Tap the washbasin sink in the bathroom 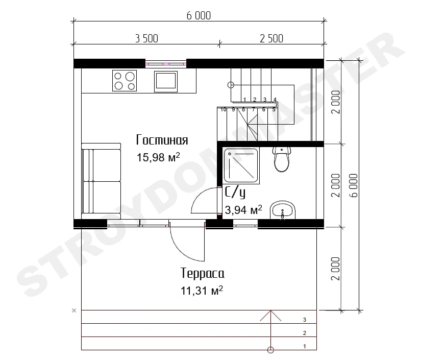(x=283, y=210)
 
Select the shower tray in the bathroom (x=241, y=166)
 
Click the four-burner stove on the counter (x=125, y=81)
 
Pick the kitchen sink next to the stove (x=166, y=81)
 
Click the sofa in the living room (x=101, y=181)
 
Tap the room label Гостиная (x=162, y=140)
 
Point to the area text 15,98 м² (x=158, y=157)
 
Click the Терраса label (x=203, y=273)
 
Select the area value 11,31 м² (x=202, y=291)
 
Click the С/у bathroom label (x=235, y=192)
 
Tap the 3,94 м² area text (x=243, y=210)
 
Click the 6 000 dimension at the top (x=199, y=16)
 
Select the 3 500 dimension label (x=146, y=39)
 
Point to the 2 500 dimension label (x=271, y=39)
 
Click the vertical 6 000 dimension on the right (x=354, y=185)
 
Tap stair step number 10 (x=224, y=110)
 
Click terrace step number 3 (x=305, y=320)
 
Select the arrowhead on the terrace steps (x=270, y=316)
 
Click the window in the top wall (x=166, y=64)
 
